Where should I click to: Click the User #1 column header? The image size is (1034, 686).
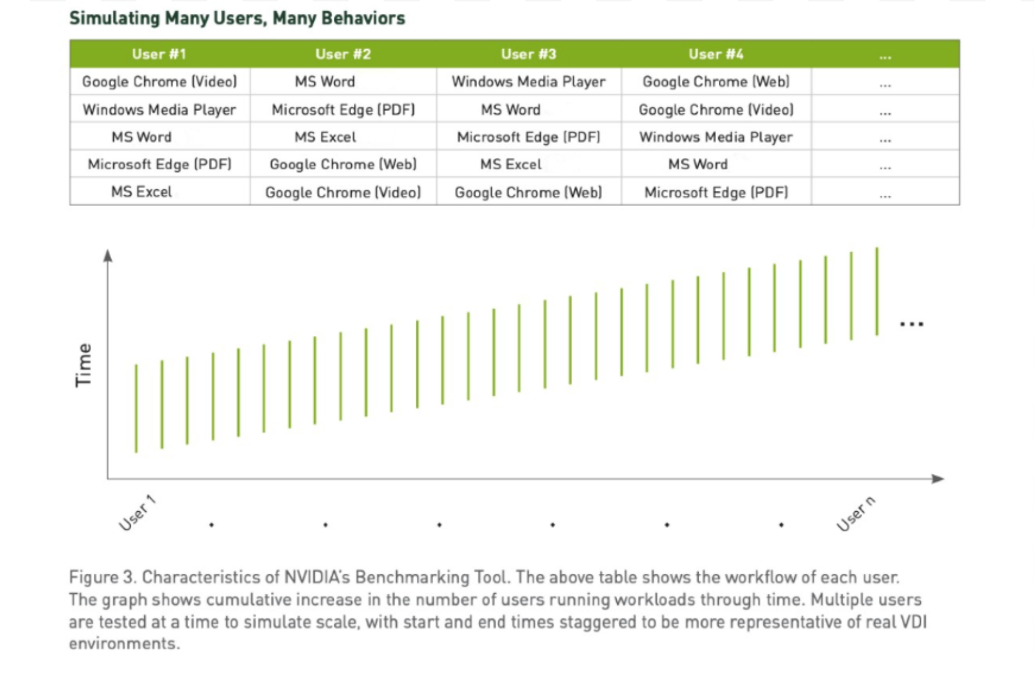click(159, 54)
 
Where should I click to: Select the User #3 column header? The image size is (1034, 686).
click(528, 54)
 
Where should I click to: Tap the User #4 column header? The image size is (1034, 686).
click(716, 54)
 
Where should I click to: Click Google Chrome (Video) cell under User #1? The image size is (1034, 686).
click(159, 82)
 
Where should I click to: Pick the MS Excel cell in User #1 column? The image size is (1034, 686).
click(142, 192)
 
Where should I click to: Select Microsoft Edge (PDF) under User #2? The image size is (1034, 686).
click(343, 110)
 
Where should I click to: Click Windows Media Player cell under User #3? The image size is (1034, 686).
click(528, 82)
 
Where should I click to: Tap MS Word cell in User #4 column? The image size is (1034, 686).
click(698, 164)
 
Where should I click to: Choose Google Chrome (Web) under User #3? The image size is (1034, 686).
click(528, 192)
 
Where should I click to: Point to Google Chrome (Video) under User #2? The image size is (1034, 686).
click(343, 192)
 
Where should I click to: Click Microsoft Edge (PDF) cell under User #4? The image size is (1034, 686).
click(716, 192)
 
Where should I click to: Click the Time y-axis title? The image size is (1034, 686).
click(84, 365)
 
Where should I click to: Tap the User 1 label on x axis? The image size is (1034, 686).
click(137, 513)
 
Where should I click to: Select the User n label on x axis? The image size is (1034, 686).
click(856, 514)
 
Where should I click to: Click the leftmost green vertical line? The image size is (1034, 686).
click(136, 408)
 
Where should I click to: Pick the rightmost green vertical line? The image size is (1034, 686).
click(876, 291)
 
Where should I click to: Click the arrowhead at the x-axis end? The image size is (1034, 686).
click(938, 479)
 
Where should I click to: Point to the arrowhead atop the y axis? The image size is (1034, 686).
click(108, 255)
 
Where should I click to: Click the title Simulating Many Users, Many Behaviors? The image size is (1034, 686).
click(237, 18)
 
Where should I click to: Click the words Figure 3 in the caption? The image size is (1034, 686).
click(102, 577)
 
